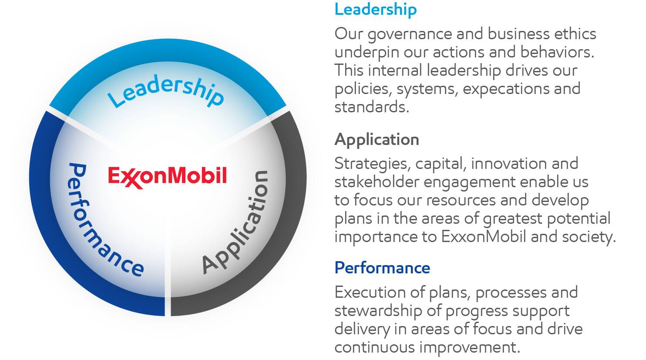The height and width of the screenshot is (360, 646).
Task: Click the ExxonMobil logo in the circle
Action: pos(168,177)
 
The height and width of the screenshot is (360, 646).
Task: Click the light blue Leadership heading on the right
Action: pos(375,9)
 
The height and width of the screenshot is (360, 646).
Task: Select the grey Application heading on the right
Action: pos(377,139)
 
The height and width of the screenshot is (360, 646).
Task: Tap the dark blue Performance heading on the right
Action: pos(382,267)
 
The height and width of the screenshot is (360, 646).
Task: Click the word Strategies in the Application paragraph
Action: pos(372,164)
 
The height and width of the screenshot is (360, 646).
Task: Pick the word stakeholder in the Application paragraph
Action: pos(377,182)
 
